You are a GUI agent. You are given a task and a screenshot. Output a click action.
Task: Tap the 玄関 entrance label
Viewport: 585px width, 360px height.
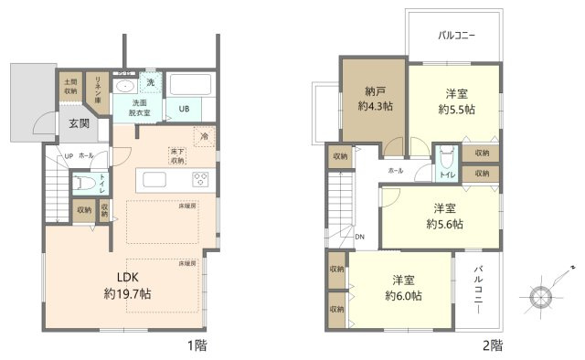click(78, 124)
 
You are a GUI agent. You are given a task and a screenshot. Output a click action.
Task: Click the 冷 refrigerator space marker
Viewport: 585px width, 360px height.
click(206, 137)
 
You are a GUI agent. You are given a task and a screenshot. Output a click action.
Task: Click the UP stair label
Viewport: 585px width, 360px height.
click(68, 155)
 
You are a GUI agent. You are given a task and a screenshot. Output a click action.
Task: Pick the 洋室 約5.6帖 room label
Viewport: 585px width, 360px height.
click(444, 215)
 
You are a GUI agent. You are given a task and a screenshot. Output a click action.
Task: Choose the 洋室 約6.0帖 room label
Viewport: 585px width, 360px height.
click(402, 288)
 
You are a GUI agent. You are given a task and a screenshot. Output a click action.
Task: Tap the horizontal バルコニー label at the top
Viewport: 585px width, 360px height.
click(456, 37)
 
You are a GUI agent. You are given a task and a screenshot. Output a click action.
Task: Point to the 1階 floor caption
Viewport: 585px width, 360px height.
click(197, 345)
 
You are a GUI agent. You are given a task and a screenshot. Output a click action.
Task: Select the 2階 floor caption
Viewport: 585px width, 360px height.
click(491, 345)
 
